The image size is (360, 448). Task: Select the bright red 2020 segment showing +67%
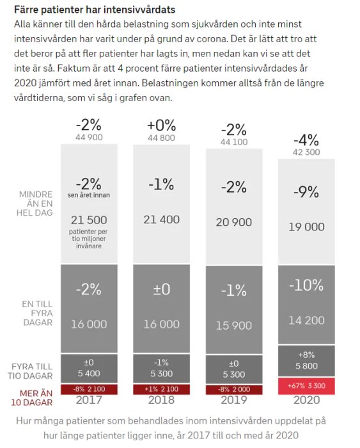306,387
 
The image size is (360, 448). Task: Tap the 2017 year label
89,401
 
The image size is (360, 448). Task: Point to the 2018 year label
161,401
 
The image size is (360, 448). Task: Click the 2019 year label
233,401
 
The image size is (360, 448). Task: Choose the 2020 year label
306,401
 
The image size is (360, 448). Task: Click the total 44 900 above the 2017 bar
89,138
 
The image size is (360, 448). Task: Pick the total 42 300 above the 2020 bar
306,152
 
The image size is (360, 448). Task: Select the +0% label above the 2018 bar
161,125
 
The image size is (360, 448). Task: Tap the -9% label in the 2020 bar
306,193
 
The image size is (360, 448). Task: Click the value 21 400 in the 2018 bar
161,220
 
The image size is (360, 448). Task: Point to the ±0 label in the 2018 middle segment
161,289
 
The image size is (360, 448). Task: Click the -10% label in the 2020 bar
306,286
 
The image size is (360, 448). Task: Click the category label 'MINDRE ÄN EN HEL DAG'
36,203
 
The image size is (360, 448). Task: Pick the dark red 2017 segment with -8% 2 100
89,389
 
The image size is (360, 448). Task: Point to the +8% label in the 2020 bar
306,355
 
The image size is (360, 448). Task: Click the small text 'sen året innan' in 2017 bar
89,195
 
